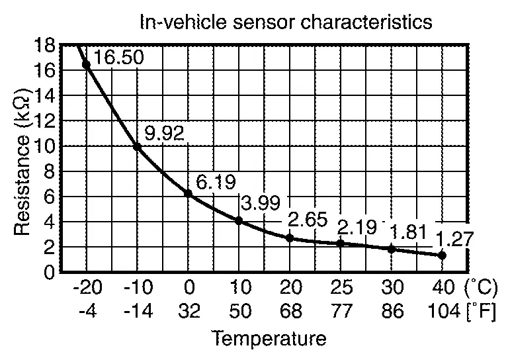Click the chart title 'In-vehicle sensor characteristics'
[286, 22]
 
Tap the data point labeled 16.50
[86, 64]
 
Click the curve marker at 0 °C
[188, 193]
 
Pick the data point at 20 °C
[289, 238]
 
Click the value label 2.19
[357, 227]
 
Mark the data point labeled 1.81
[391, 249]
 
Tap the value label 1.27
[454, 238]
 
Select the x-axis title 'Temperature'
[269, 339]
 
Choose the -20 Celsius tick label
[86, 288]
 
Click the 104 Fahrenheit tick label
[441, 310]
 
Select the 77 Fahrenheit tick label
[340, 310]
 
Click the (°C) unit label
[480, 288]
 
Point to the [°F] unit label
[480, 310]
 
